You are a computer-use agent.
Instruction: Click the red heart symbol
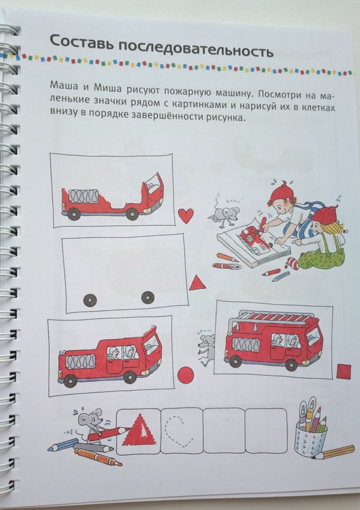pyautogui.click(x=186, y=216)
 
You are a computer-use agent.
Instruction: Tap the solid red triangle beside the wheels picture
pyautogui.click(x=197, y=283)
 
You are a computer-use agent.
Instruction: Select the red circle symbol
pyautogui.click(x=186, y=374)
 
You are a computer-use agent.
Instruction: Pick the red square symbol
pyautogui.click(x=343, y=372)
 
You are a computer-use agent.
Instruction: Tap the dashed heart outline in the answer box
pyautogui.click(x=179, y=432)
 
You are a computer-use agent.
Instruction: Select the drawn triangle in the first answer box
pyautogui.click(x=139, y=431)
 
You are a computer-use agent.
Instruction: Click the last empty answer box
pyautogui.click(x=267, y=431)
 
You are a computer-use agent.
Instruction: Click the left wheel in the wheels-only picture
pyautogui.click(x=90, y=300)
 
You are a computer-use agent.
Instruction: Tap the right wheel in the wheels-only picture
pyautogui.click(x=148, y=297)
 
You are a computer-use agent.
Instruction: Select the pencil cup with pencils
pyautogui.click(x=312, y=428)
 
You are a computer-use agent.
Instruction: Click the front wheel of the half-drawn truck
pyautogui.click(x=132, y=215)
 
